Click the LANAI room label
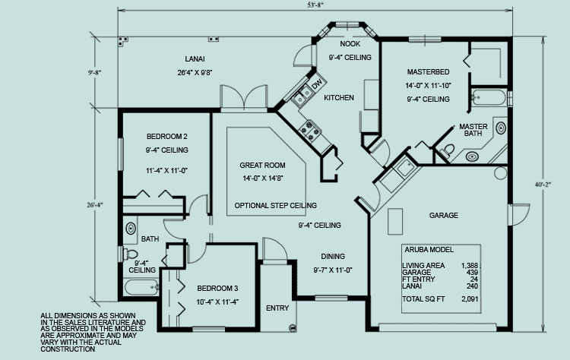click(x=195, y=58)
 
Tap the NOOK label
click(x=350, y=44)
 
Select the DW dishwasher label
click(x=318, y=84)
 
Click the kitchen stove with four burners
click(x=310, y=130)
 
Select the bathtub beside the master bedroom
click(x=489, y=97)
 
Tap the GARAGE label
click(x=444, y=216)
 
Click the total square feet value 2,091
click(x=470, y=299)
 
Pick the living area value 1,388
click(x=470, y=266)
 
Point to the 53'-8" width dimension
click(x=315, y=5)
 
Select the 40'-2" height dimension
click(x=543, y=185)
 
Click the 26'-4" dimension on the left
click(x=95, y=205)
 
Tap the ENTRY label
click(x=277, y=308)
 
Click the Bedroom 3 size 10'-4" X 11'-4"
click(x=217, y=302)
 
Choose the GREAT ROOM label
click(x=262, y=166)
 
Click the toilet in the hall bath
click(x=130, y=254)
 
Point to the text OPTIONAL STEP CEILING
click(x=276, y=206)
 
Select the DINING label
click(x=333, y=257)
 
